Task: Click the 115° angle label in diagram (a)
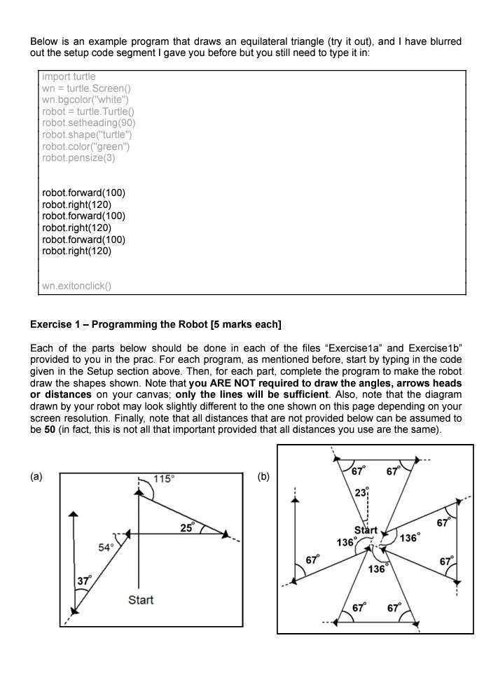click(x=164, y=479)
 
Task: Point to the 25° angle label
click(x=187, y=527)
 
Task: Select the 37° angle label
click(x=84, y=581)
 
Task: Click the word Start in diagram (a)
click(x=141, y=600)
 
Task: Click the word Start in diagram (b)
click(x=366, y=529)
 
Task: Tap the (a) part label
click(x=36, y=476)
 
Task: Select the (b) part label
click(x=263, y=476)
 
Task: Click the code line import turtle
click(x=69, y=76)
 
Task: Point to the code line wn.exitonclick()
click(x=76, y=285)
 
